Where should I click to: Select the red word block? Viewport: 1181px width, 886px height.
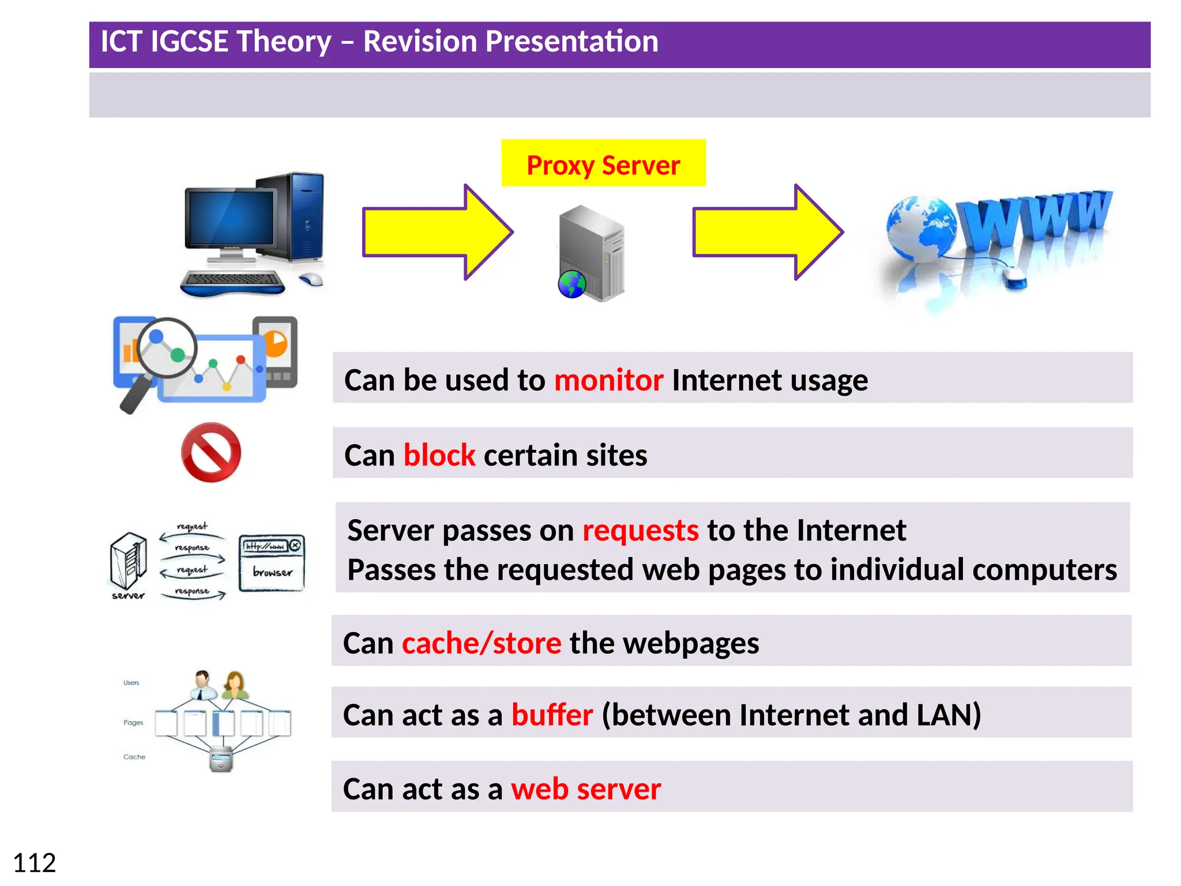click(x=439, y=456)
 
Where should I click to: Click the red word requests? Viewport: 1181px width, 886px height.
click(x=640, y=531)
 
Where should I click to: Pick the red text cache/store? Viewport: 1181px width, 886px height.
click(x=481, y=643)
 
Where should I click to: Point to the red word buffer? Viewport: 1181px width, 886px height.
click(x=552, y=715)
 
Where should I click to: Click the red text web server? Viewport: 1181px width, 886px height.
click(x=585, y=789)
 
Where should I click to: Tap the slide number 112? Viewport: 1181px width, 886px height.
click(x=34, y=863)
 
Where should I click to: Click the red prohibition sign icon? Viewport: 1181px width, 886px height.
click(x=211, y=453)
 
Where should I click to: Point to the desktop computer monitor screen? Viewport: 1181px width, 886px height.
click(x=230, y=218)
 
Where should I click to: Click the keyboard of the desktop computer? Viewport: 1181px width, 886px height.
click(x=232, y=281)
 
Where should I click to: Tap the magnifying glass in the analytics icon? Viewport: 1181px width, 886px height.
click(x=164, y=350)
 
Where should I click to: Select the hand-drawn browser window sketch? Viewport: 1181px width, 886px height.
click(x=272, y=562)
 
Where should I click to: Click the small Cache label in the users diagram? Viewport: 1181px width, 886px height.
click(x=134, y=757)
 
